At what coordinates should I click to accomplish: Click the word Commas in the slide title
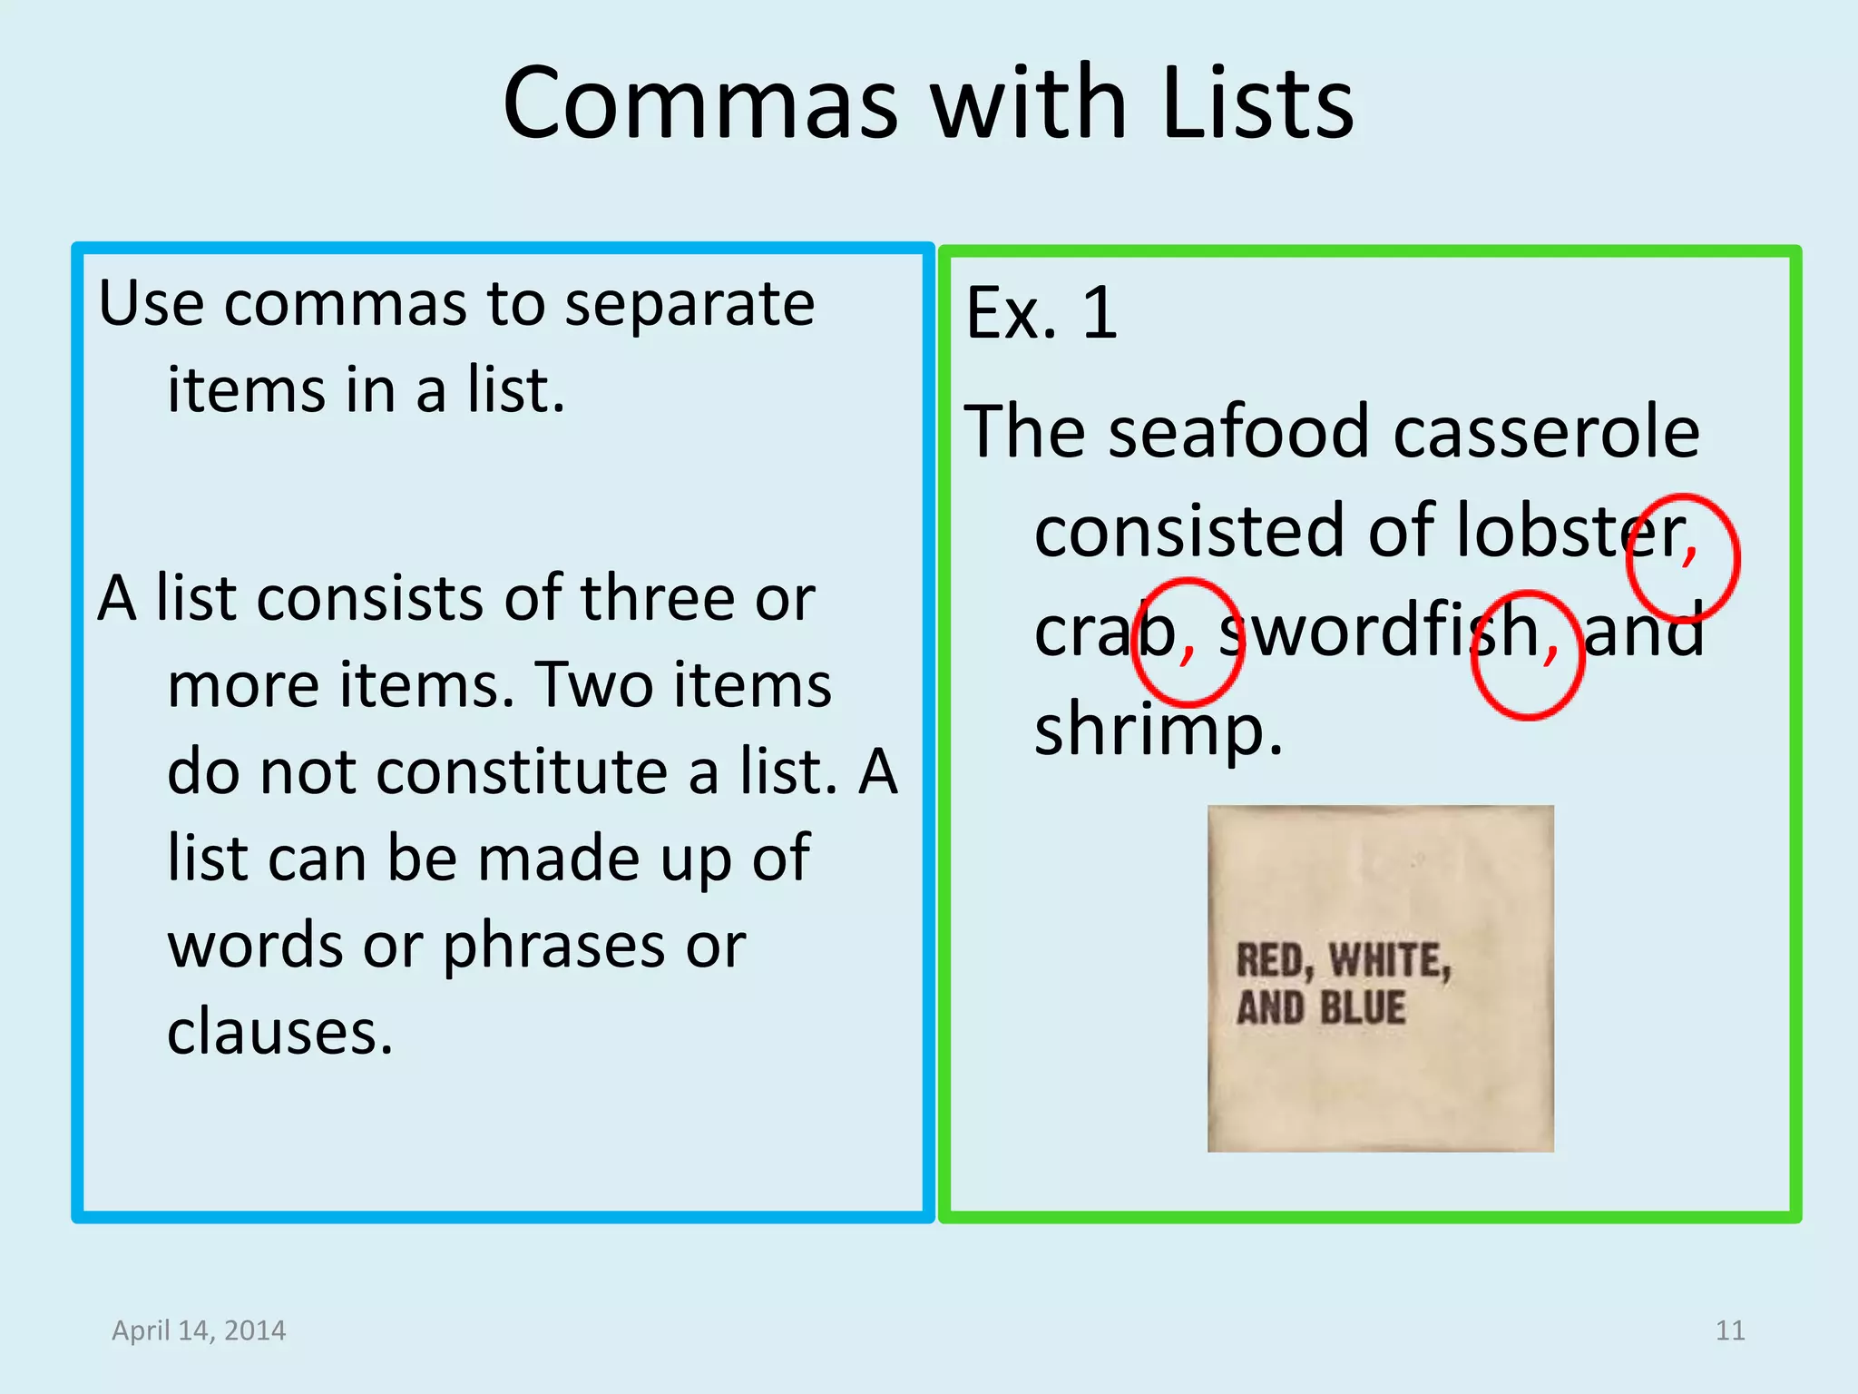click(699, 103)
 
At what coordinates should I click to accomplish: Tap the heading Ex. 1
click(1041, 313)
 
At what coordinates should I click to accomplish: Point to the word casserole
click(1546, 431)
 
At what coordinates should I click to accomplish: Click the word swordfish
click(1379, 631)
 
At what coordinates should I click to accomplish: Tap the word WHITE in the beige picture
click(1390, 961)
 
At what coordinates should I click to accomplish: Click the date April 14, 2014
click(199, 1330)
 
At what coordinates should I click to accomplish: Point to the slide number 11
click(1730, 1330)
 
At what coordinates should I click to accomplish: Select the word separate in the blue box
click(689, 304)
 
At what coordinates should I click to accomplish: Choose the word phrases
click(553, 947)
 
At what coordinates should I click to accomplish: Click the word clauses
click(280, 1033)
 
